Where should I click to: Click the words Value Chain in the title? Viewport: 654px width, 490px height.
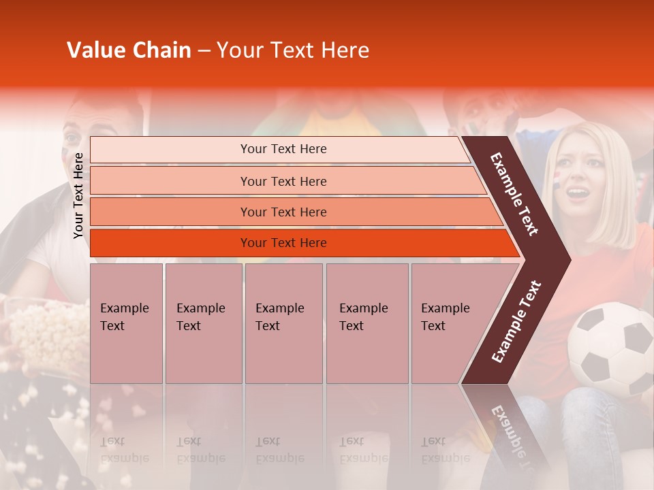[x=129, y=50]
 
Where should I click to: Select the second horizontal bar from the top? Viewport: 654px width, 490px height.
[x=283, y=181]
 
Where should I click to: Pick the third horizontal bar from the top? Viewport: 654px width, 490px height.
[x=283, y=212]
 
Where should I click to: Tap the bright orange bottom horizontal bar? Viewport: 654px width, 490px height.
[x=283, y=243]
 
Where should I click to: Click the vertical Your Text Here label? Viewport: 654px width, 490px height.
[x=78, y=195]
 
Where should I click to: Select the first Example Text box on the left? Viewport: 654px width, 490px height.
[x=126, y=323]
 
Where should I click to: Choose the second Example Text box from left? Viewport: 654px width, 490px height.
[x=203, y=323]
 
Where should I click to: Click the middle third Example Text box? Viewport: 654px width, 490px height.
[x=283, y=323]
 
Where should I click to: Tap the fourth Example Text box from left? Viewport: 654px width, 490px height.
[x=367, y=323]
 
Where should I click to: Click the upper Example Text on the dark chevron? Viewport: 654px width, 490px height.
[x=514, y=194]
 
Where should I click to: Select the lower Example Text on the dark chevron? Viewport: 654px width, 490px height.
[x=516, y=322]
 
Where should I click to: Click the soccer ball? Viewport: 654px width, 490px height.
[x=610, y=348]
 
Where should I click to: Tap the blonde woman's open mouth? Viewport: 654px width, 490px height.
[x=577, y=193]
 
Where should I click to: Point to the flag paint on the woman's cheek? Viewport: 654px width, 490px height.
[x=556, y=178]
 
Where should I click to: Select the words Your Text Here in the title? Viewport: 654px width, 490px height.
[x=293, y=50]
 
